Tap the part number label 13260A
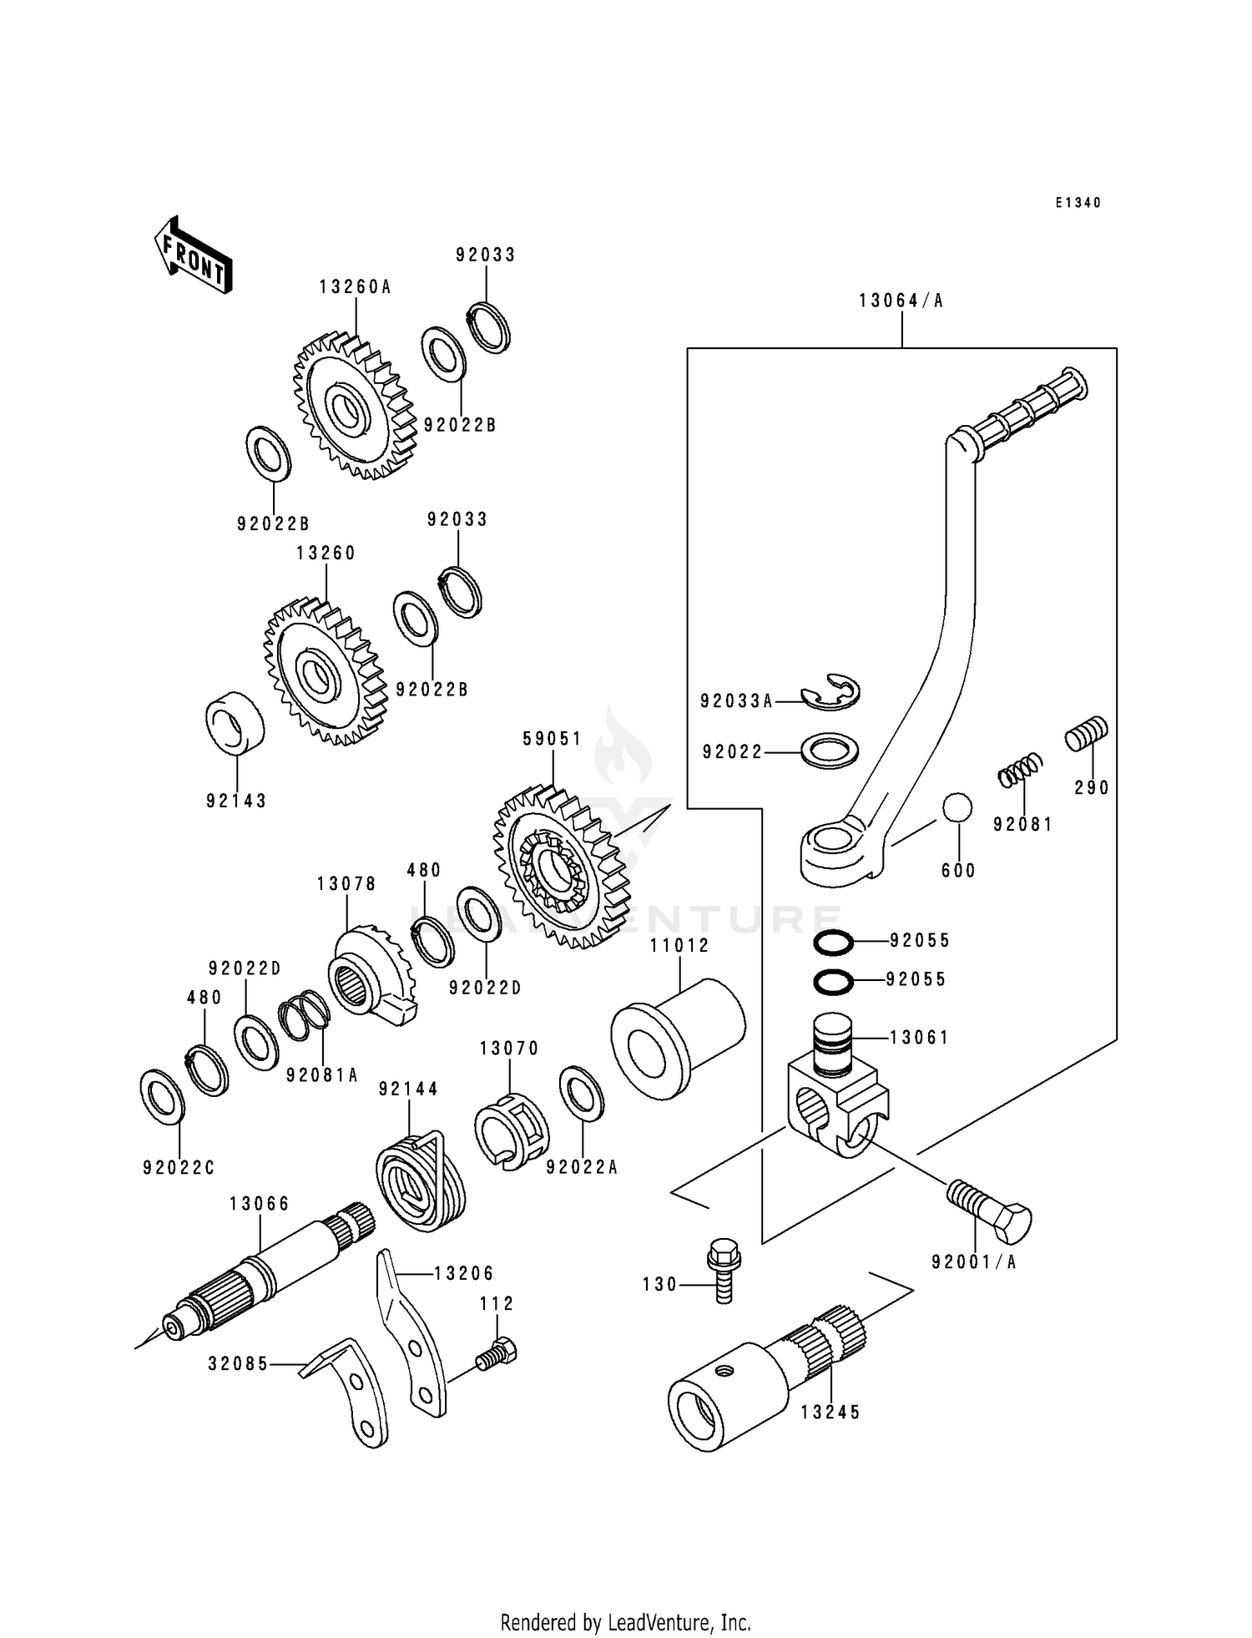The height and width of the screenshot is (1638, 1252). pos(355,287)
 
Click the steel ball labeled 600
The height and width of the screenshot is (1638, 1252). pos(957,809)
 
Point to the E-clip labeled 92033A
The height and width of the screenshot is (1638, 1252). pos(831,693)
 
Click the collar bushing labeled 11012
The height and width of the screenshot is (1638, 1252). pos(677,1040)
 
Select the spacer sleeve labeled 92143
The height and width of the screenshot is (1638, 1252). pos(235,722)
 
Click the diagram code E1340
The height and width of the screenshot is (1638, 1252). pos(1078,203)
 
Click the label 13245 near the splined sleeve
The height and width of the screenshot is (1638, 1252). pos(830,1413)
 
